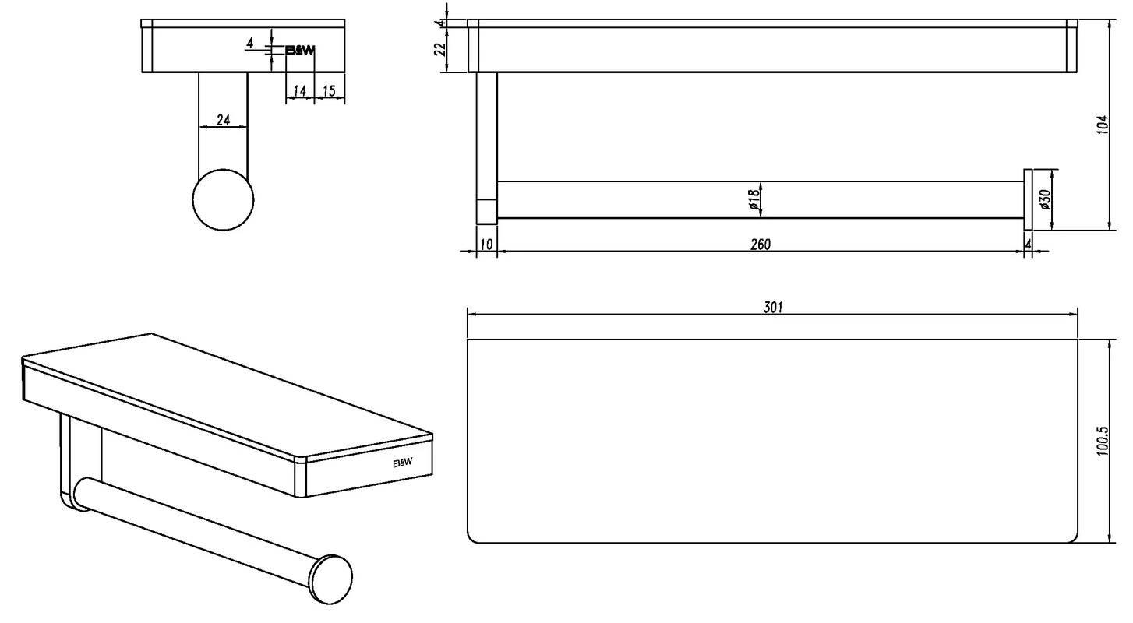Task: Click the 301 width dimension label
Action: click(772, 307)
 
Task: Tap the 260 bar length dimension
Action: click(761, 245)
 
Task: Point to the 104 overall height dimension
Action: click(1103, 125)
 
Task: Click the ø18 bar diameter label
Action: click(754, 199)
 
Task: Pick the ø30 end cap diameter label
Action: click(1046, 199)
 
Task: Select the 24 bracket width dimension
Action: click(223, 120)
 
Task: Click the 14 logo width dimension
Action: click(299, 91)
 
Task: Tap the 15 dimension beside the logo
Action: click(329, 91)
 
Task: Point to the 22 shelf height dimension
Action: click(440, 49)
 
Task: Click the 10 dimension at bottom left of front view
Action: click(485, 245)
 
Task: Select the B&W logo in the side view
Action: click(301, 50)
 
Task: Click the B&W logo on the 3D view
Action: click(403, 463)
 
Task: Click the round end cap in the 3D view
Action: click(331, 579)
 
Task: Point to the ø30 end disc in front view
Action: click(1028, 199)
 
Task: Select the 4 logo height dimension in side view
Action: click(250, 44)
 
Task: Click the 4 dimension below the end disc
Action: click(1028, 245)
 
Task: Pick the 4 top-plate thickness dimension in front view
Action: click(442, 23)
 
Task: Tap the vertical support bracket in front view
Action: click(486, 148)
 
